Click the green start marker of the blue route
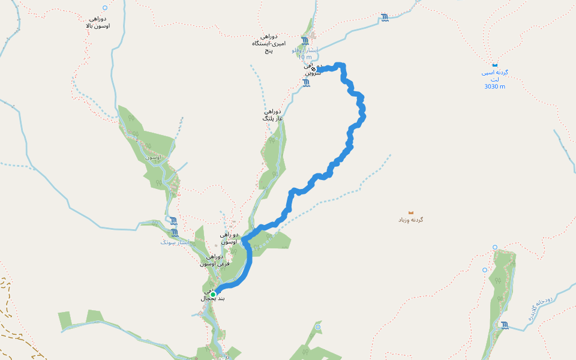tap(213, 294)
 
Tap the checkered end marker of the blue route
tap(313, 69)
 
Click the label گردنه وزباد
tap(411, 220)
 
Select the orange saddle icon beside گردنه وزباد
tap(411, 212)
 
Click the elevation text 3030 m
tap(494, 86)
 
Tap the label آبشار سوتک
tap(175, 242)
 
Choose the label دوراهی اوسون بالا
tap(97, 22)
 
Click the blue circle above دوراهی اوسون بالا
tap(105, 8)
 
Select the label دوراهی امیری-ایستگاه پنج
tap(269, 44)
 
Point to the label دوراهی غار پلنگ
tap(272, 115)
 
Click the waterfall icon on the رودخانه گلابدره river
tap(505, 325)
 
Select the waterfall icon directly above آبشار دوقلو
tap(305, 41)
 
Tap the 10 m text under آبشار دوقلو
tap(304, 58)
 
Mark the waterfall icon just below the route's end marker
tap(306, 83)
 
